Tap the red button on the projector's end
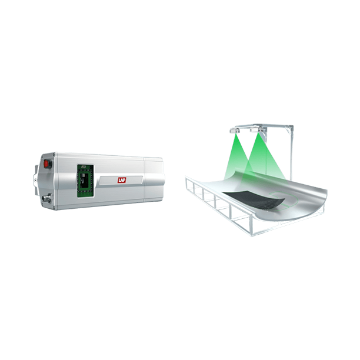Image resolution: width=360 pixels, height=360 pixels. pos(48,165)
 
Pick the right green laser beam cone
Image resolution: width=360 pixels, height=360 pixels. pos(261,154)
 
